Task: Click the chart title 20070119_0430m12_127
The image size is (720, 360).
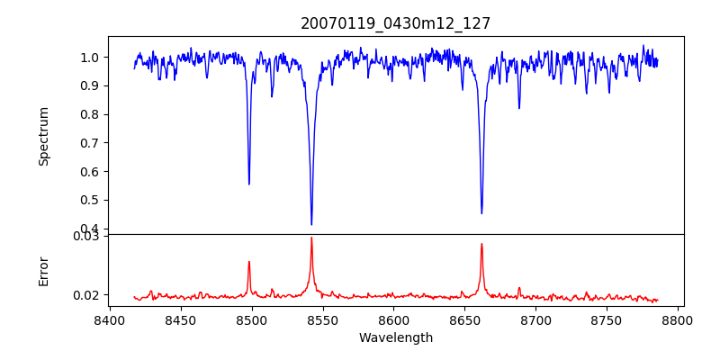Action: (x=395, y=23)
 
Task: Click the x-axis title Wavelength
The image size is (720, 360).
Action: (x=395, y=338)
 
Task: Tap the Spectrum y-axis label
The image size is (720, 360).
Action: (x=44, y=136)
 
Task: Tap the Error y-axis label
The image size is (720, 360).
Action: (x=44, y=271)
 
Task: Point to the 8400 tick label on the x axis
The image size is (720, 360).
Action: (x=110, y=319)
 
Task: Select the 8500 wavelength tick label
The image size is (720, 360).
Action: (x=252, y=319)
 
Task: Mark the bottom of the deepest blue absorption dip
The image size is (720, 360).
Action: (x=311, y=224)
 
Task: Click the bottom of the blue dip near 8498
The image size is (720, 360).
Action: (x=249, y=184)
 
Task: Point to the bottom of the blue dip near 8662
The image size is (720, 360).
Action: (x=481, y=213)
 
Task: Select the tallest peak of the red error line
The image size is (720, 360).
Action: (x=311, y=238)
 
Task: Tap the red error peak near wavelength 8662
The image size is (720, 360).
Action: (x=481, y=244)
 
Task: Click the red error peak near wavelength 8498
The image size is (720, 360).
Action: (x=249, y=262)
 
